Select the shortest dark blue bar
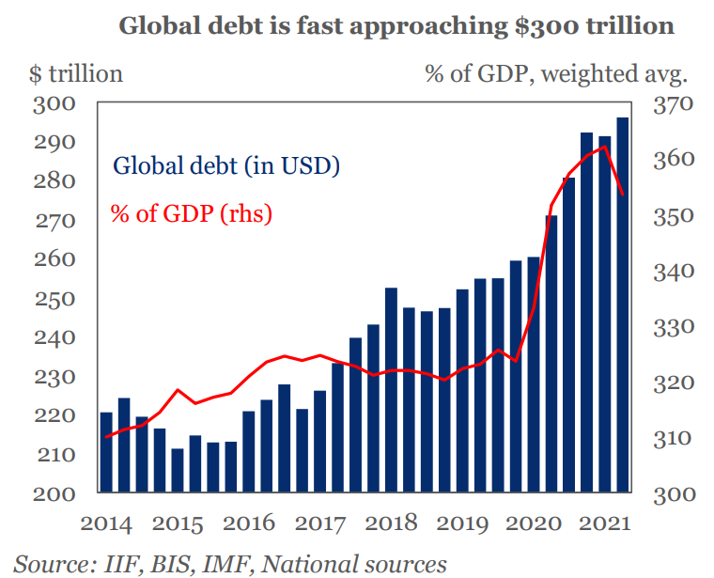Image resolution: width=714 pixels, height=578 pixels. (x=177, y=470)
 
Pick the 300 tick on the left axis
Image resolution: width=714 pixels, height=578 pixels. (x=54, y=103)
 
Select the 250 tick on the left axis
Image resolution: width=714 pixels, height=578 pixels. (x=54, y=299)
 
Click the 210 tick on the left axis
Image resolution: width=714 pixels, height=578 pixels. (x=54, y=455)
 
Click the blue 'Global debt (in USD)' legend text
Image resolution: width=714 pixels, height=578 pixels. (x=226, y=166)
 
